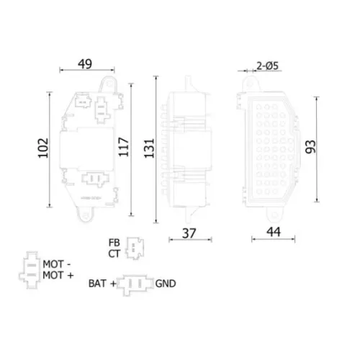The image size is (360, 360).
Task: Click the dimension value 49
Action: pos(85,64)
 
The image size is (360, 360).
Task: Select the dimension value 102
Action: pos(43,148)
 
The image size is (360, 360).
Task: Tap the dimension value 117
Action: pos(124,147)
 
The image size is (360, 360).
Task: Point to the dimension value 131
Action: pos(149,148)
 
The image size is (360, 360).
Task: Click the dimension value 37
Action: pos(189,233)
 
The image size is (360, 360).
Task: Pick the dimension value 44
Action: pos(274,232)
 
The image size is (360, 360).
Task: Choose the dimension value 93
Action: pos(310,147)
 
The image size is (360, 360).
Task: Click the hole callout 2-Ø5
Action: pos(267,66)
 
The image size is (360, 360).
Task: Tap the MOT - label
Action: pos(57,264)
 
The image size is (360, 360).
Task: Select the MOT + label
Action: pos(58,275)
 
